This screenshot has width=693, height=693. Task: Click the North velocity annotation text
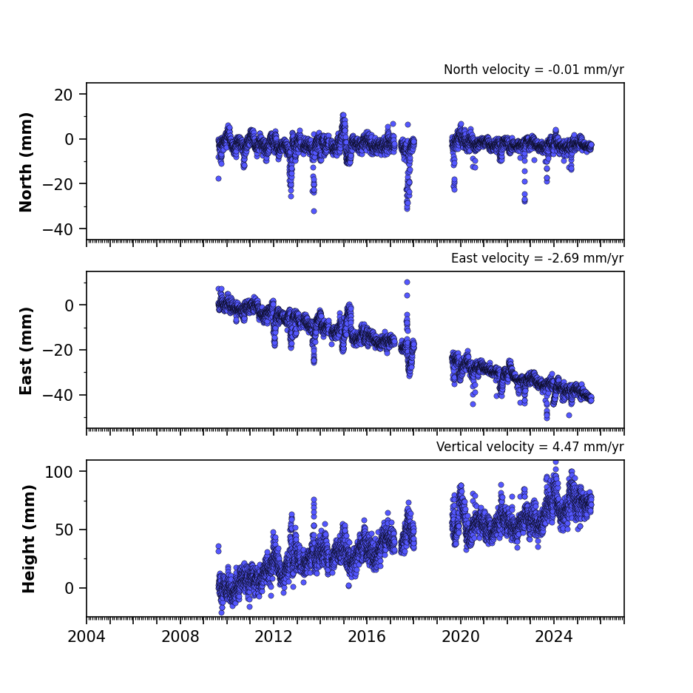pyautogui.click(x=534, y=70)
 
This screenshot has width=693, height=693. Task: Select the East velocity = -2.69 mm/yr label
pyautogui.click(x=538, y=258)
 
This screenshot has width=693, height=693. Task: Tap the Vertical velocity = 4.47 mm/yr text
pyautogui.click(x=530, y=447)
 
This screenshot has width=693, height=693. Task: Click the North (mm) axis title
pyautogui.click(x=26, y=162)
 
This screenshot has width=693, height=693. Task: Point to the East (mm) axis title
pyautogui.click(x=26, y=351)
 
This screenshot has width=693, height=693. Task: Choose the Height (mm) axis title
pyautogui.click(x=28, y=538)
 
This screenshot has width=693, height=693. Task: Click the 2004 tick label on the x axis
pyautogui.click(x=87, y=637)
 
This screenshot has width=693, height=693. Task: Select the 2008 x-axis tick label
pyautogui.click(x=180, y=637)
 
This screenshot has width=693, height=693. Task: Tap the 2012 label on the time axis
pyautogui.click(x=274, y=637)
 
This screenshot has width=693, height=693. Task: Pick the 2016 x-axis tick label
pyautogui.click(x=367, y=637)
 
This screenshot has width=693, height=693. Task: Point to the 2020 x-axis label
pyautogui.click(x=461, y=637)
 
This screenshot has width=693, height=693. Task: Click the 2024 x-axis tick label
pyautogui.click(x=554, y=637)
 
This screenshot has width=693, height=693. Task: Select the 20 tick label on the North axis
pyautogui.click(x=64, y=95)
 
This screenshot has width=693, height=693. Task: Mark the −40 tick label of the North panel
pyautogui.click(x=58, y=229)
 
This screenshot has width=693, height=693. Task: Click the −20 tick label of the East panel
pyautogui.click(x=58, y=351)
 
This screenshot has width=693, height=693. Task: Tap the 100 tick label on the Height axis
pyautogui.click(x=58, y=472)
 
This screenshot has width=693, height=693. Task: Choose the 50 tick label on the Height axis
pyautogui.click(x=64, y=530)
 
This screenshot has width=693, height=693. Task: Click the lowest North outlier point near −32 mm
pyautogui.click(x=314, y=212)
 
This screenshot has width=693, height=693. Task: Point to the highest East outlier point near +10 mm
pyautogui.click(x=407, y=282)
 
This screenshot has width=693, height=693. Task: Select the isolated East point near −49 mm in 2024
pyautogui.click(x=569, y=416)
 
